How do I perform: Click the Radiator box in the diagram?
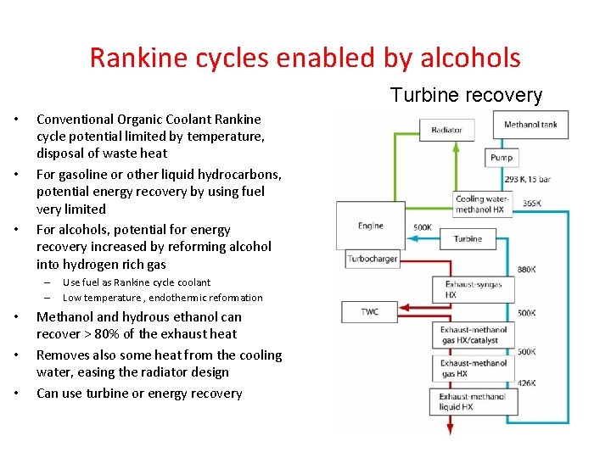coord(446,130)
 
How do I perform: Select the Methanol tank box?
coord(530,125)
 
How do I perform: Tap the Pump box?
coord(500,158)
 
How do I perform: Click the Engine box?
coord(371,226)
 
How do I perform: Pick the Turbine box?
coord(468,239)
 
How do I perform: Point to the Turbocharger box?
coord(373,259)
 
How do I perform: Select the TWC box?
coord(370,311)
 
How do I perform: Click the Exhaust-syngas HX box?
coord(473,290)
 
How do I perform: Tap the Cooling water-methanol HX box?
coord(482,204)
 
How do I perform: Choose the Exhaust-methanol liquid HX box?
coord(473,402)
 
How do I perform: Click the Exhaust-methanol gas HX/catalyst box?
coord(474,335)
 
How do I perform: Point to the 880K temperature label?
coord(526,269)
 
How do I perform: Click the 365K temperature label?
coord(532,204)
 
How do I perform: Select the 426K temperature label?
coord(526,383)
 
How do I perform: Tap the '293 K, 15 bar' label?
coord(527,180)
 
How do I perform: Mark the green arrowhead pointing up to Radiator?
coord(431,146)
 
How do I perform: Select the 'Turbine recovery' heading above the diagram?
coord(466,94)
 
